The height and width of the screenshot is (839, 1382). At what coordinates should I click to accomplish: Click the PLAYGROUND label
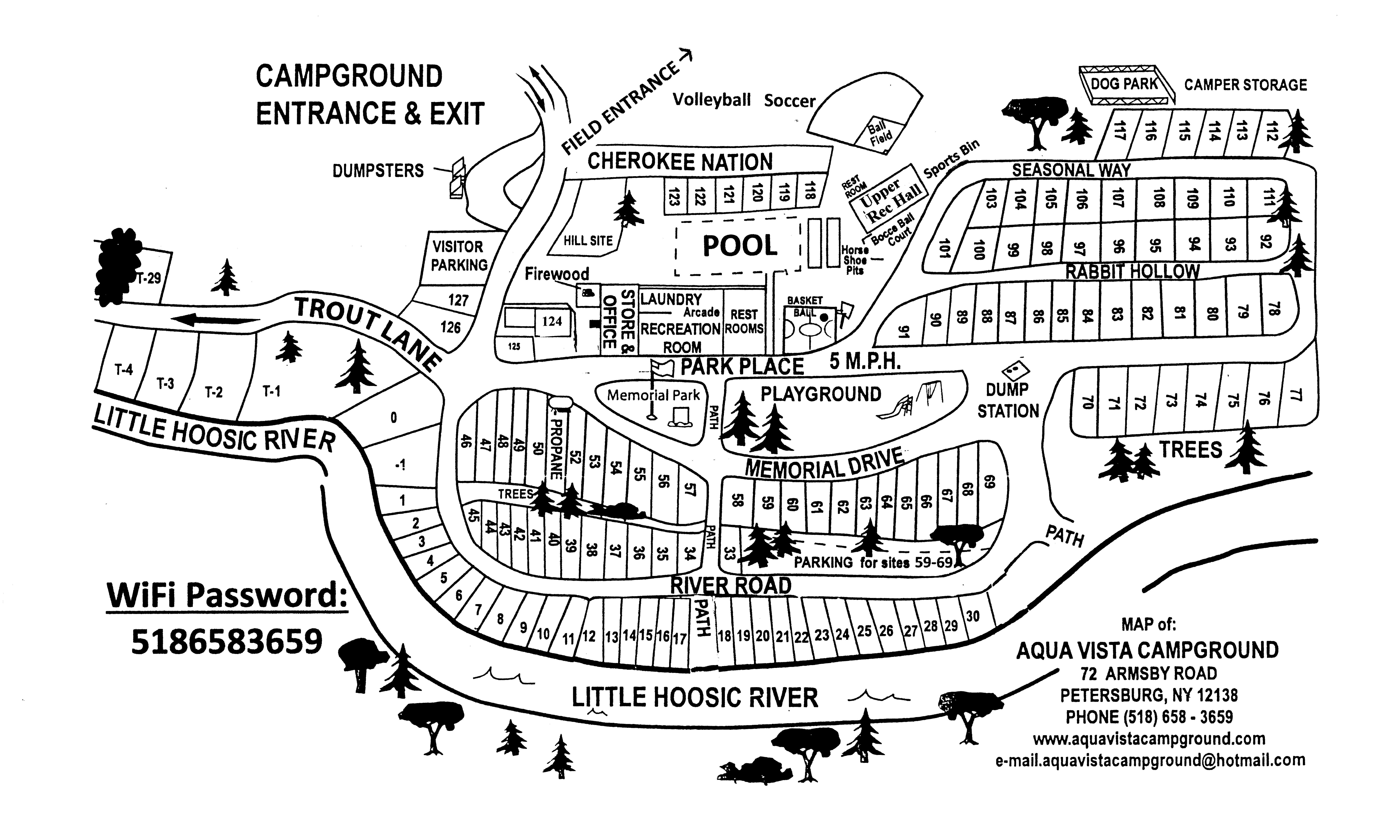[821, 394]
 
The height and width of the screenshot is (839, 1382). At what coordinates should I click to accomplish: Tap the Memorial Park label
[653, 395]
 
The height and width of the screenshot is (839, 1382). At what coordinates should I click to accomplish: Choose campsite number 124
[552, 321]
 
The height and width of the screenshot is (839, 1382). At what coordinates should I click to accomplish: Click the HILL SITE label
[588, 241]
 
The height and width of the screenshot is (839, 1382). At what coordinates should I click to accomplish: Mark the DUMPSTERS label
[378, 170]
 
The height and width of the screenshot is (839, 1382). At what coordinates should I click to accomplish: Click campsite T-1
[271, 391]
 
